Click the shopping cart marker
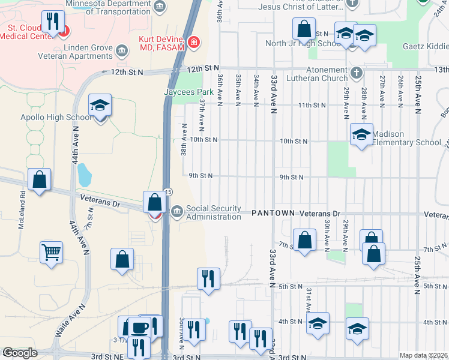52,251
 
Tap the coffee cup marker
140,327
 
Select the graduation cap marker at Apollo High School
100,107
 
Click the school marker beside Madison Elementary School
361,136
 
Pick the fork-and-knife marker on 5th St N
208,279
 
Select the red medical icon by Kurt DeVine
194,42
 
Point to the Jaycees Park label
189,92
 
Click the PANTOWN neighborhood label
274,214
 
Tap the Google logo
20,353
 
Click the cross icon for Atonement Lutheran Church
357,73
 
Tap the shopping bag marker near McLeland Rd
39,179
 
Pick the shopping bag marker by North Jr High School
304,29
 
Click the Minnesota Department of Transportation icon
158,7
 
